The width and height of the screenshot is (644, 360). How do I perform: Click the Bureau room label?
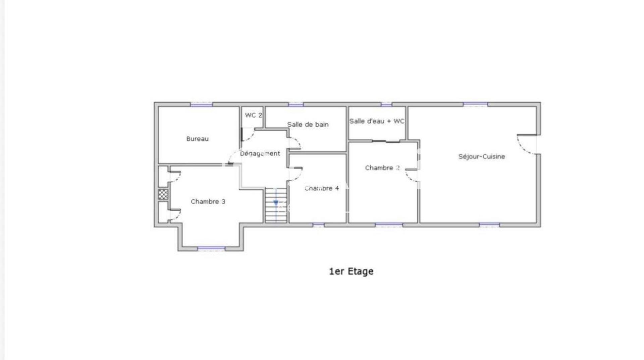pyautogui.click(x=197, y=139)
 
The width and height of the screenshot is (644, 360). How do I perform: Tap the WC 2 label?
pyautogui.click(x=254, y=115)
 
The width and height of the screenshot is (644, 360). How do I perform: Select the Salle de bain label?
pyautogui.click(x=308, y=125)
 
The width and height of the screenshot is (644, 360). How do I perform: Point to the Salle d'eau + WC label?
pyautogui.click(x=377, y=121)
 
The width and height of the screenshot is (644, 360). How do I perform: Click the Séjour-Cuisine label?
pyautogui.click(x=482, y=157)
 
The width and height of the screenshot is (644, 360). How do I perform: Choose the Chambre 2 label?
pyautogui.click(x=382, y=168)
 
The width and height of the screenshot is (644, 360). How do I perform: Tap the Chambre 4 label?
pyautogui.click(x=322, y=188)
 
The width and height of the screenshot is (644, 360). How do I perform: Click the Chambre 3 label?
pyautogui.click(x=208, y=201)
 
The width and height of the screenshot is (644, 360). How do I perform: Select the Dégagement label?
pyautogui.click(x=260, y=154)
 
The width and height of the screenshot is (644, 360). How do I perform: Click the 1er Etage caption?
pyautogui.click(x=351, y=271)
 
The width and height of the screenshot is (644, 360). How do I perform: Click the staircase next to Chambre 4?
pyautogui.click(x=276, y=205)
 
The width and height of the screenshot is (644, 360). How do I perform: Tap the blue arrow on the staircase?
pyautogui.click(x=276, y=203)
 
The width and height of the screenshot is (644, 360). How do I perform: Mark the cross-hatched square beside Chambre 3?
pyautogui.click(x=163, y=194)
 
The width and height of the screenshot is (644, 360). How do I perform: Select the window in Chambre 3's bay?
pyautogui.click(x=211, y=248)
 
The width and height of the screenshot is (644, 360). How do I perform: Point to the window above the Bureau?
pyautogui.click(x=202, y=105)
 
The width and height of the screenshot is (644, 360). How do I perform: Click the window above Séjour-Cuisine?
pyautogui.click(x=475, y=105)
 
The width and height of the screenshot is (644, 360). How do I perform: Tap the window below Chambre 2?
pyautogui.click(x=389, y=225)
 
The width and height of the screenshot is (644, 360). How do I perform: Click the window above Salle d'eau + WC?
pyautogui.click(x=386, y=105)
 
